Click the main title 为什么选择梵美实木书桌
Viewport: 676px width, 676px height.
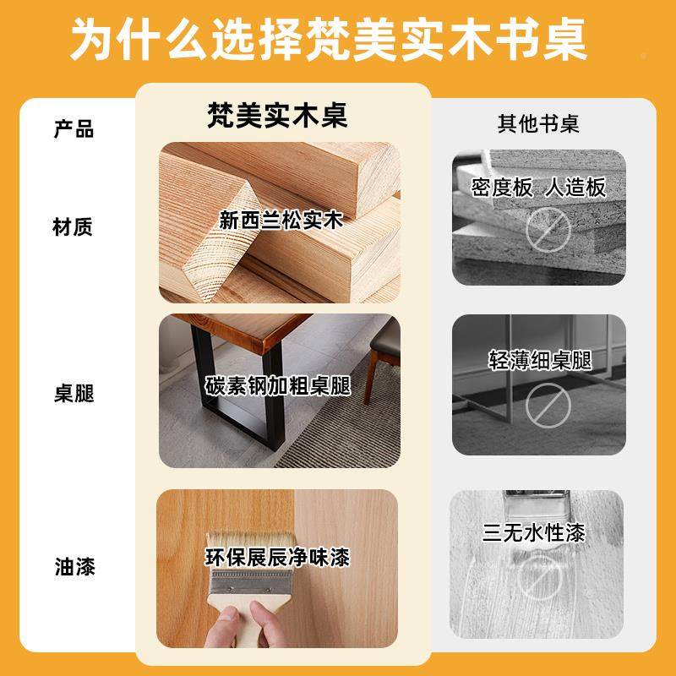tap(338, 41)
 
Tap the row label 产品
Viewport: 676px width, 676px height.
tap(74, 129)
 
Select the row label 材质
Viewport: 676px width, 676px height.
tap(74, 226)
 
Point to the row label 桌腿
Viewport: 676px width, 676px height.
tap(74, 394)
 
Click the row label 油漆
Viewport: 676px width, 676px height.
tap(74, 565)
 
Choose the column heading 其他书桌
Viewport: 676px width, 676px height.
tap(537, 124)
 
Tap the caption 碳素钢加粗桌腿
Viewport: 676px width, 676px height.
tap(278, 386)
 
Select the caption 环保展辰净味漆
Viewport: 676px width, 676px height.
tap(277, 558)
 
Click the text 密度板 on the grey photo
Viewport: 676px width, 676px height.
tap(502, 187)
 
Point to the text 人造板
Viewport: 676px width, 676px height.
tap(575, 187)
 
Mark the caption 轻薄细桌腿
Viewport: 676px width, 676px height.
tap(539, 361)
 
